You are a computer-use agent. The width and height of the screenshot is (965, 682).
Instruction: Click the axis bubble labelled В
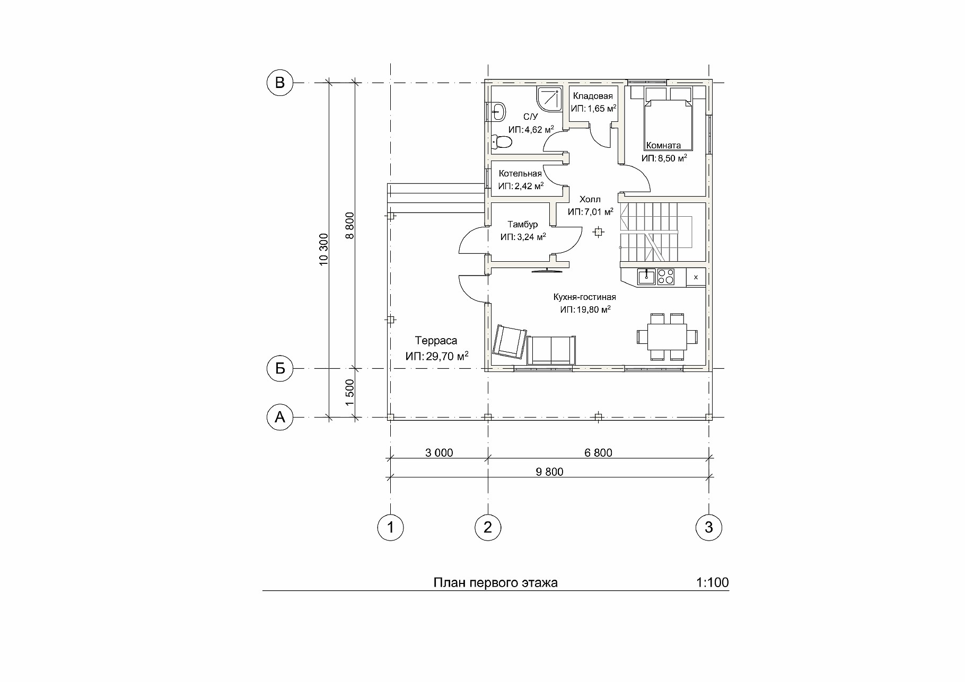pyautogui.click(x=279, y=83)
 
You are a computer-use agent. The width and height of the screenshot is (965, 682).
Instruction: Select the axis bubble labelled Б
pyautogui.click(x=279, y=368)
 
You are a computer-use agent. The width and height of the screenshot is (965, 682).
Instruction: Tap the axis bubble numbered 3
pyautogui.click(x=709, y=527)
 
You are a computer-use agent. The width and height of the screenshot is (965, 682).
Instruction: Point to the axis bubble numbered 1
pyautogui.click(x=391, y=527)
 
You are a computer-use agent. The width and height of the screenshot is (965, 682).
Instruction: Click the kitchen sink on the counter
pyautogui.click(x=646, y=277)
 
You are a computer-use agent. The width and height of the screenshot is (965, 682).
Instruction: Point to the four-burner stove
pyautogui.click(x=666, y=277)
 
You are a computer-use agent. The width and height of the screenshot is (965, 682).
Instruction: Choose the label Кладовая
pyautogui.click(x=593, y=96)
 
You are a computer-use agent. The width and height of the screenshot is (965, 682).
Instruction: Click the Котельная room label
pyautogui.click(x=520, y=174)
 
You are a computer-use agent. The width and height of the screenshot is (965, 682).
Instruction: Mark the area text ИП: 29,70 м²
pyautogui.click(x=437, y=357)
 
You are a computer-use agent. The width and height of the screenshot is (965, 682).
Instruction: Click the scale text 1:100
pyautogui.click(x=713, y=583)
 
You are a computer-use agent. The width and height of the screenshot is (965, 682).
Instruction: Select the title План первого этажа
pyautogui.click(x=496, y=583)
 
